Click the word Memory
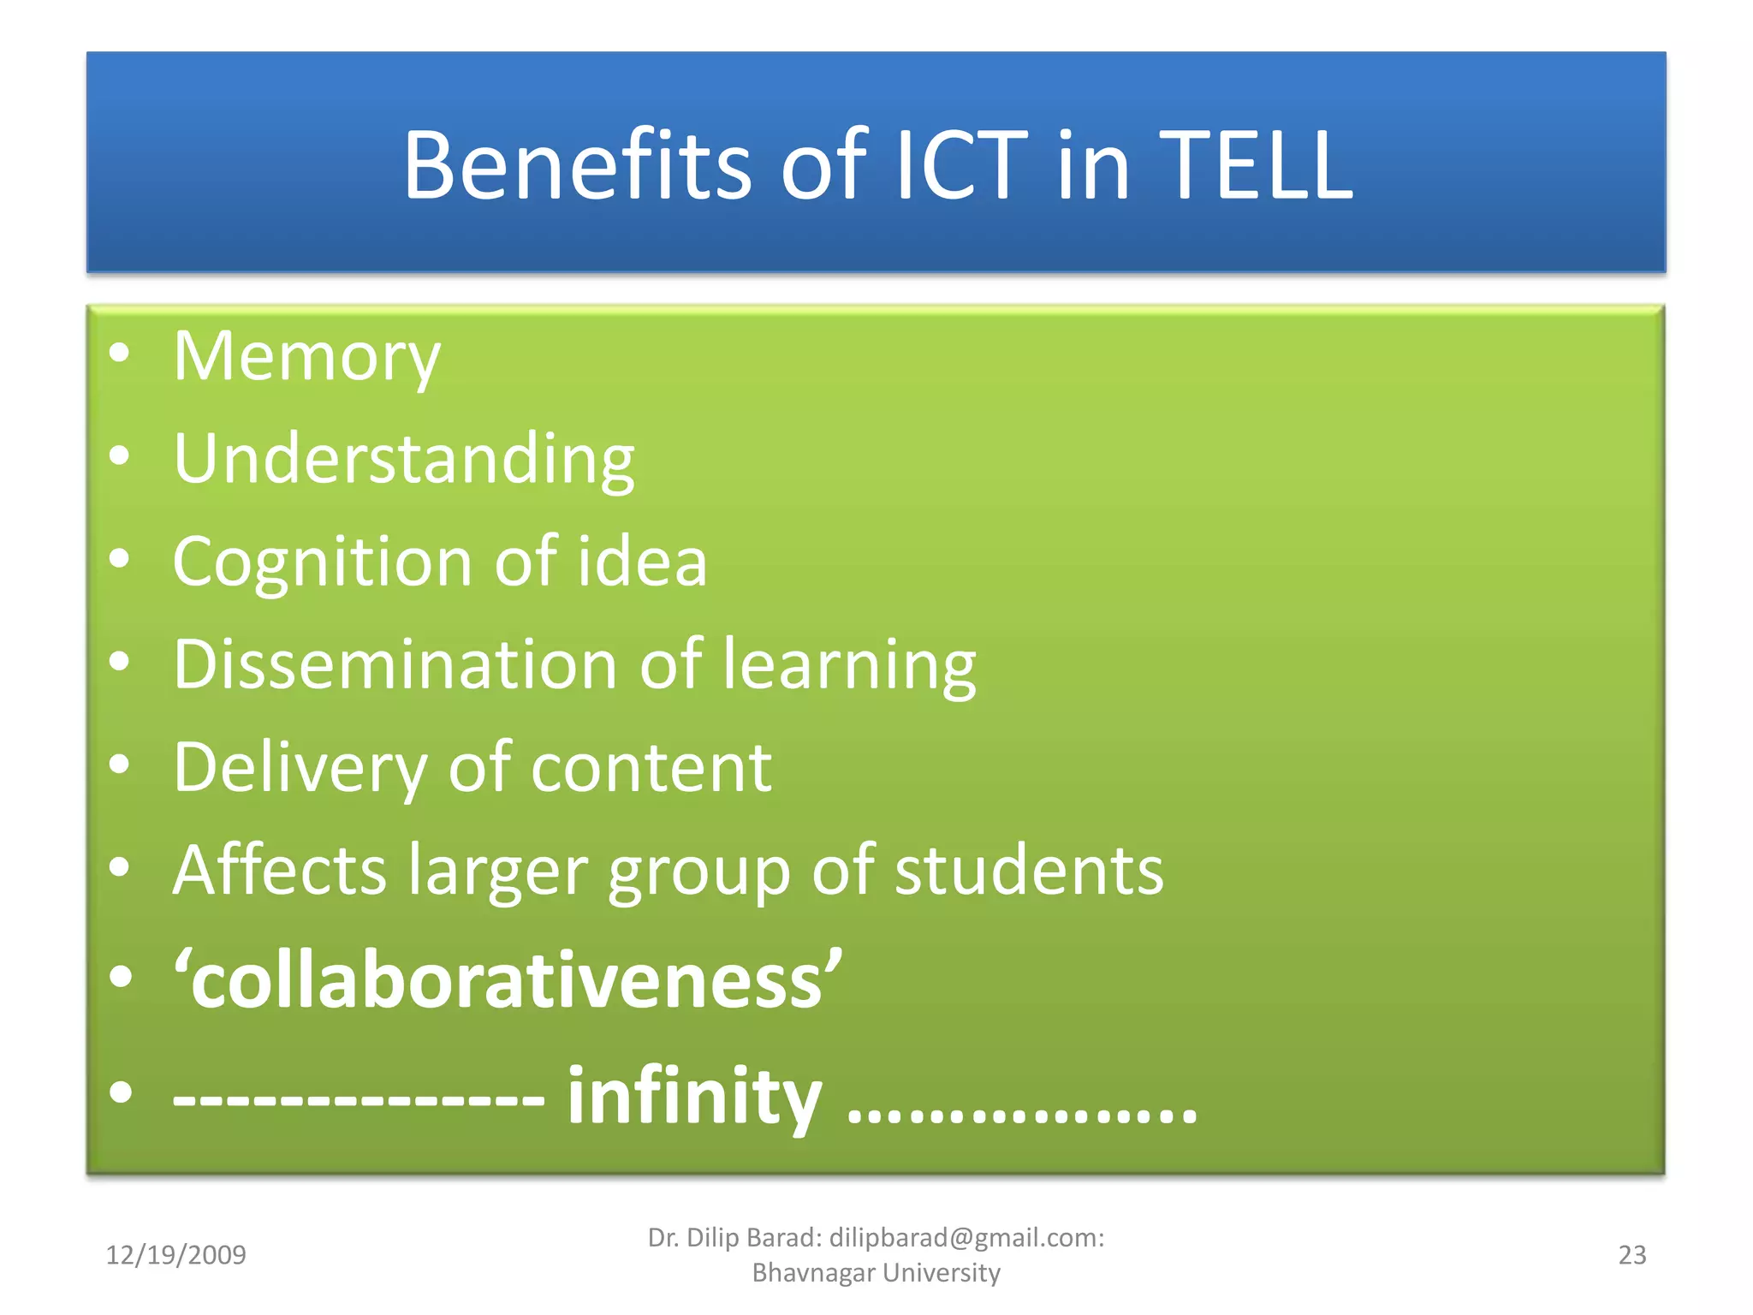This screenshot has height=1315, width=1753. pos(306,358)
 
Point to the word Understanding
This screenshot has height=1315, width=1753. pos(403,460)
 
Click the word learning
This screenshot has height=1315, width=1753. pos(849,666)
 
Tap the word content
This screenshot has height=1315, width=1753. pos(651,768)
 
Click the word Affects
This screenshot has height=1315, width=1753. pos(279,871)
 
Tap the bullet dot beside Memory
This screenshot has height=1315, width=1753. pos(120,353)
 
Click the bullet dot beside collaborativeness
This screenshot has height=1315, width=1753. pos(121,977)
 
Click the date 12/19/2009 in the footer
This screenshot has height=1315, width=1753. pos(175,1255)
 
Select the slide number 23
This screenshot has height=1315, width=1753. pos(1631,1255)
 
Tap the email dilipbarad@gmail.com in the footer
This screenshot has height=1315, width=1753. pos(966,1238)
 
